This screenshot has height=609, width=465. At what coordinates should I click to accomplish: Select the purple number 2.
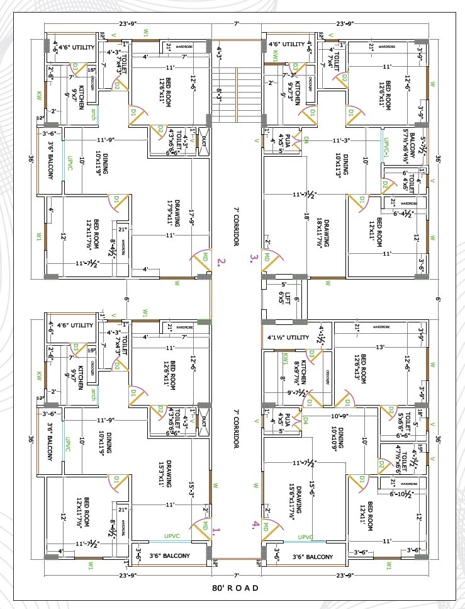pyautogui.click(x=220, y=261)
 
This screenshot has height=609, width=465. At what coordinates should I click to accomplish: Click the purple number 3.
pyautogui.click(x=253, y=257)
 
